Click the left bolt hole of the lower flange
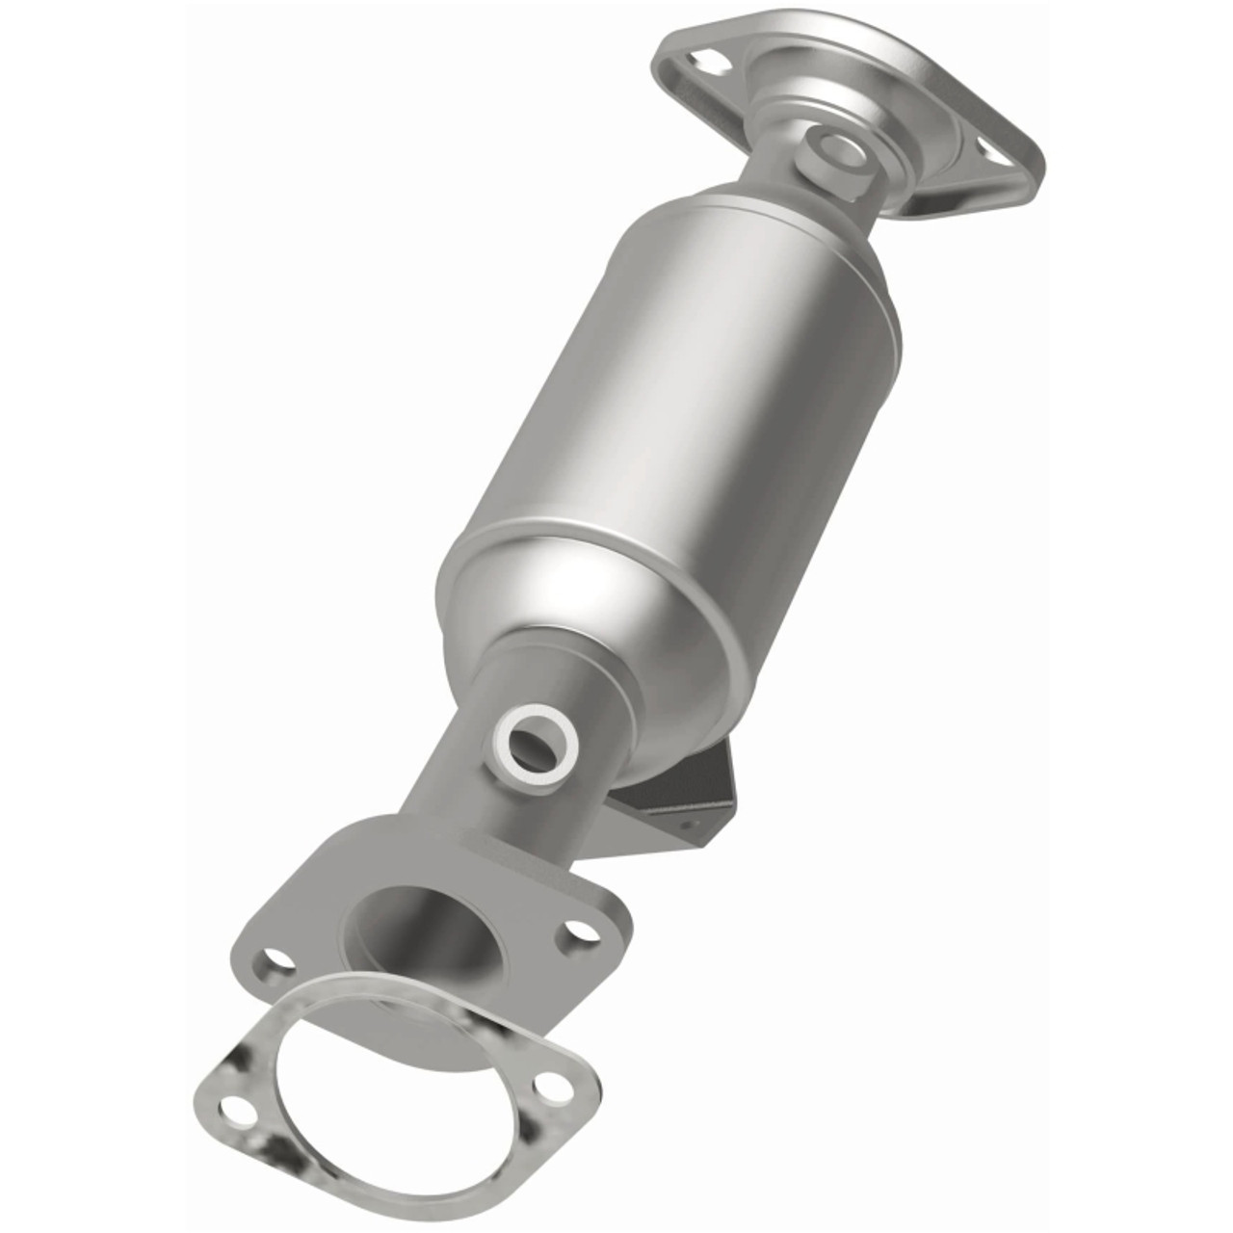point(275,958)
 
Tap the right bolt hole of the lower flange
point(578,931)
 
